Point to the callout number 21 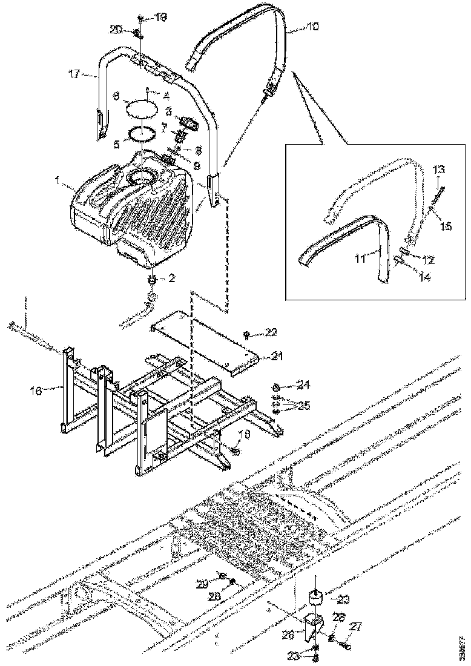277,357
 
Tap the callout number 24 303,385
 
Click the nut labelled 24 277,387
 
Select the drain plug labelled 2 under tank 153,279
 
